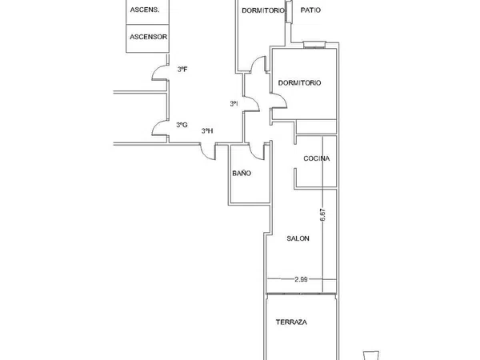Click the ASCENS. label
coord(145,10)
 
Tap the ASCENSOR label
coord(149,37)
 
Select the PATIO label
coord(310,10)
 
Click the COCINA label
coord(317,158)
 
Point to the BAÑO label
coord(242,174)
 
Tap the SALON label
coord(298,238)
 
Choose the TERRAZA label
coord(291,322)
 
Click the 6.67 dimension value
coord(322,215)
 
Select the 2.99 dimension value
coord(301,279)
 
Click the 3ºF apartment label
coord(182,70)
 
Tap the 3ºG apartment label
coord(182,125)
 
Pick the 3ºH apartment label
coord(207,131)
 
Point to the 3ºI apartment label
coord(234,104)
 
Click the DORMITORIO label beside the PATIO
coord(263,10)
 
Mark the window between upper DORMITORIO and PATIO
coord(289,11)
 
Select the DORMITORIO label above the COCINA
coord(299,82)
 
